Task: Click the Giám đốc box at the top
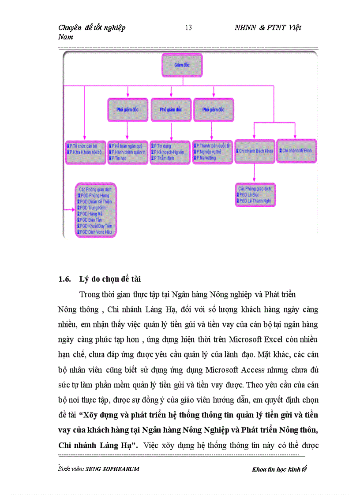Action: (x=182, y=64)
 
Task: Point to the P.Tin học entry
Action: (x=120, y=158)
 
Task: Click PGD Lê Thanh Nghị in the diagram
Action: (x=255, y=201)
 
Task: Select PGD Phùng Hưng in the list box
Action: (x=94, y=195)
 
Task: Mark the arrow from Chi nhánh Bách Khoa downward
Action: (x=254, y=173)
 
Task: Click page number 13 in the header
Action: (x=188, y=28)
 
